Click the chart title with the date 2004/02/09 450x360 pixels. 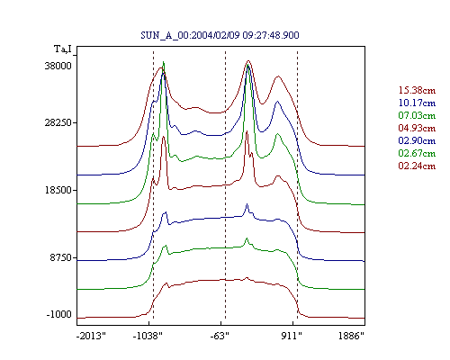[x=220, y=35]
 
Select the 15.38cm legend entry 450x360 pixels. [x=417, y=90]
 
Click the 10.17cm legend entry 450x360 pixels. [x=417, y=103]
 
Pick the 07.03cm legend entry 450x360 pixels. [x=417, y=115]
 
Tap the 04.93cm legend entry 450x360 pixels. [x=417, y=128]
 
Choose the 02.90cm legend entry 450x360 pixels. [x=417, y=140]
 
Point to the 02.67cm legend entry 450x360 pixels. [x=417, y=153]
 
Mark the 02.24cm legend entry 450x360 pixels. [x=417, y=166]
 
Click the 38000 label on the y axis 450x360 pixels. [x=58, y=66]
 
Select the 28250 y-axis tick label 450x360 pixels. [x=58, y=122]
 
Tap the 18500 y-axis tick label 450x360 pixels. [x=58, y=190]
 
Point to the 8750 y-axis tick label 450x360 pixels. [x=61, y=257]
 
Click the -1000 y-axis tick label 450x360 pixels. [x=59, y=314]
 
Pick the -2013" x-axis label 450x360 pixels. [x=91, y=336]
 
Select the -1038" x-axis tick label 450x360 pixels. [x=148, y=336]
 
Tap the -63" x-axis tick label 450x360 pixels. [x=220, y=336]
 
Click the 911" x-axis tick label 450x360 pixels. [x=292, y=336]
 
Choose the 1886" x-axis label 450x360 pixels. [x=351, y=336]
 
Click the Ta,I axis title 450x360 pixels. [x=63, y=49]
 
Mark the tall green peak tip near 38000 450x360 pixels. [x=164, y=62]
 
